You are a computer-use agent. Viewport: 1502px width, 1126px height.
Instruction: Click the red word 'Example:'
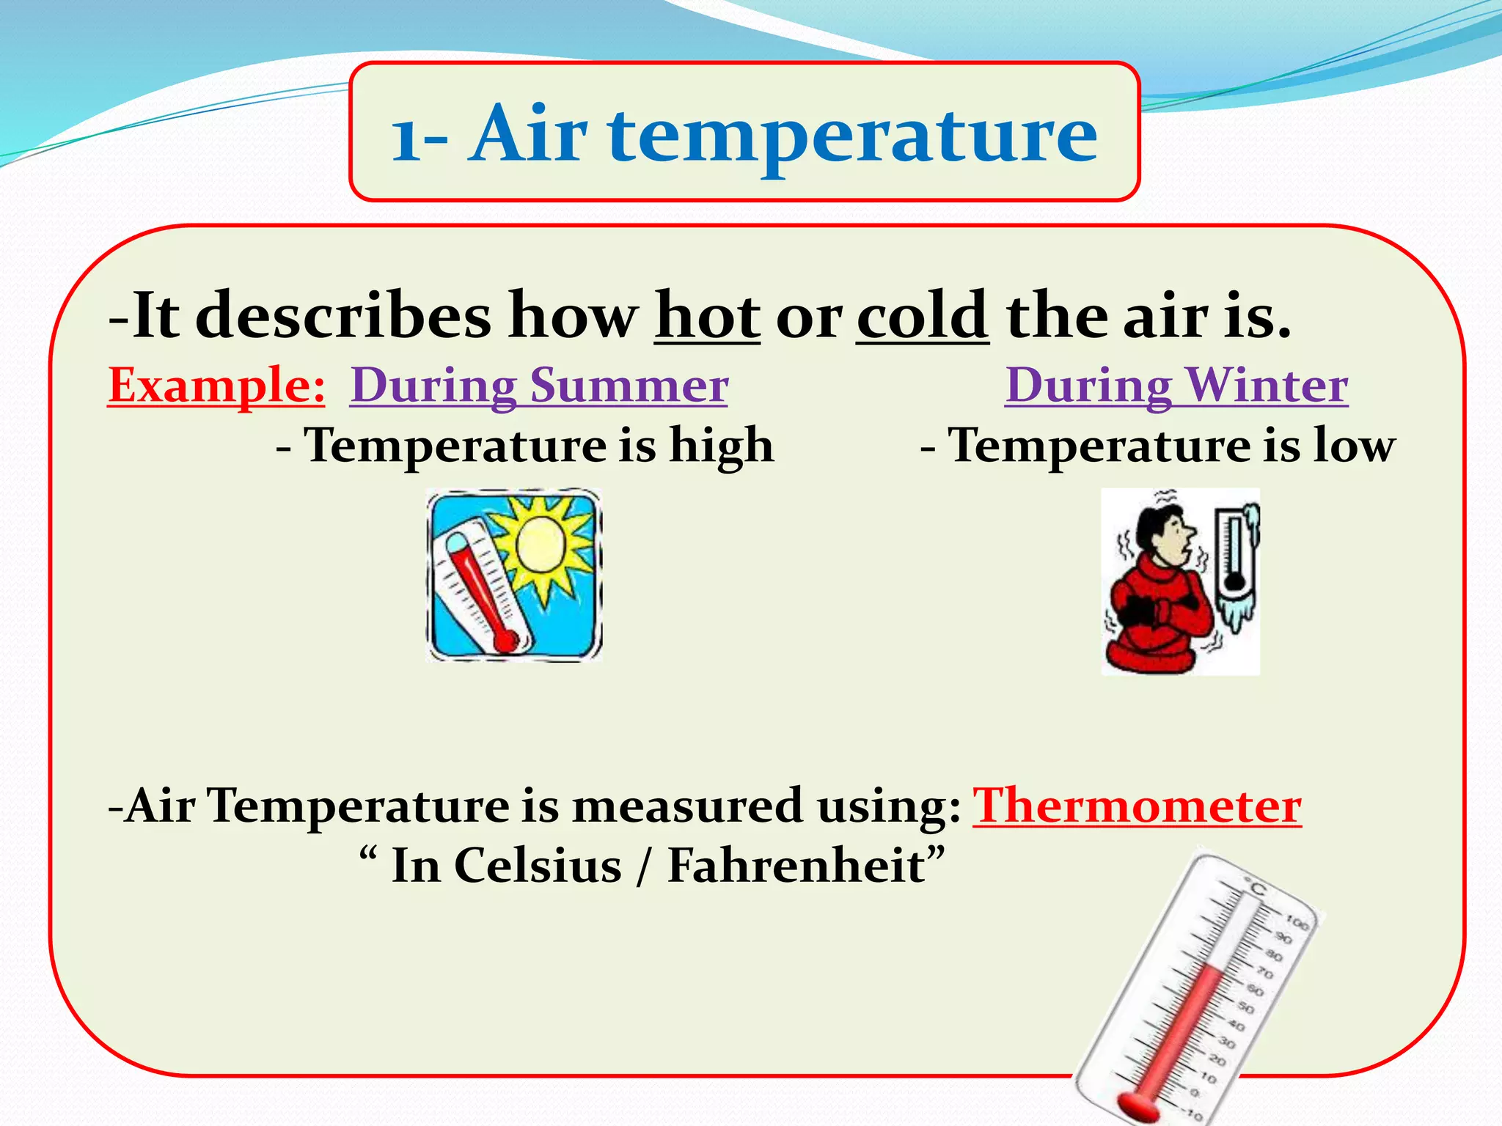point(216,385)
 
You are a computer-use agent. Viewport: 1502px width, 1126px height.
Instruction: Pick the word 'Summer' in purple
point(629,385)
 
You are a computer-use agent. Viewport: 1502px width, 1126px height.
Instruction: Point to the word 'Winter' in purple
point(1267,385)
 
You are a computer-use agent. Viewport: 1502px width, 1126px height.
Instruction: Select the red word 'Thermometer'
point(1137,806)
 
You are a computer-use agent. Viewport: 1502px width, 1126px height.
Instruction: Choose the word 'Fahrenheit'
point(796,866)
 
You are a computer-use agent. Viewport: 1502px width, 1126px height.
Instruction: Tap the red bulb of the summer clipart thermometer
point(505,642)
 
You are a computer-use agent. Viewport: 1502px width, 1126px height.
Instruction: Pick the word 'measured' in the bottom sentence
point(686,806)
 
